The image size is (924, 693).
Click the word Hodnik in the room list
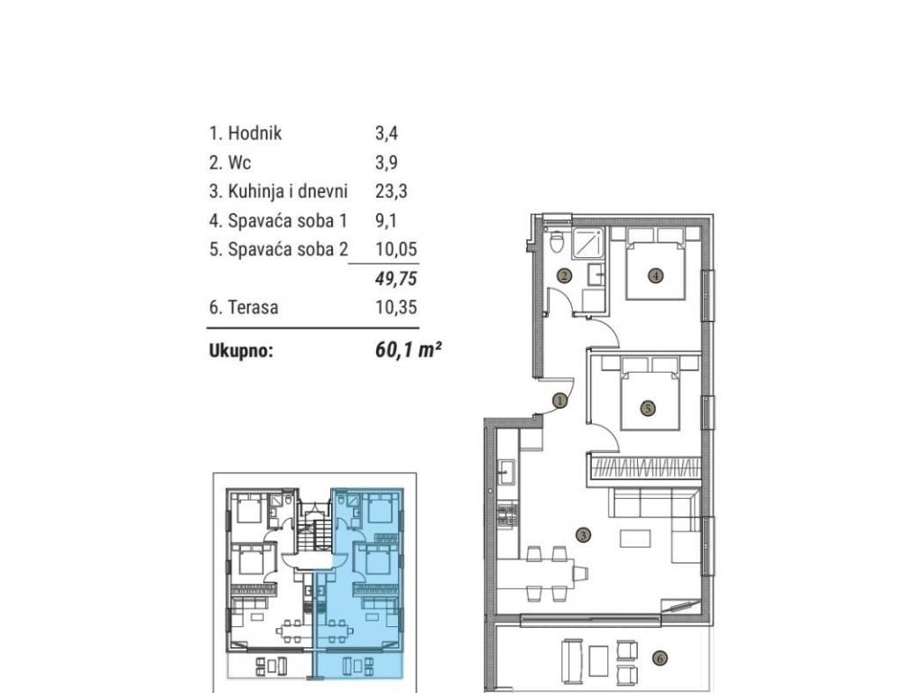tap(254, 134)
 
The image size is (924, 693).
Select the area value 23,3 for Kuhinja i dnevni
tap(392, 191)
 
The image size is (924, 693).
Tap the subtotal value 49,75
tap(396, 278)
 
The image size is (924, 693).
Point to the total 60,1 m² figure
tap(409, 350)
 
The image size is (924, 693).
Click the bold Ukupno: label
tap(241, 351)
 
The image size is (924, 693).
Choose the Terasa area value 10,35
tap(396, 307)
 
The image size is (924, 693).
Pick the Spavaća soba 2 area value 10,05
tap(396, 249)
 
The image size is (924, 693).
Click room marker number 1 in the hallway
tap(560, 401)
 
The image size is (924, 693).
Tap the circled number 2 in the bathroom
tap(565, 275)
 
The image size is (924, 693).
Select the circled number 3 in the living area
tap(583, 535)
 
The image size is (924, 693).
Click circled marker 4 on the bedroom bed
tap(655, 274)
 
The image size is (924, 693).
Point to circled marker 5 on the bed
tap(648, 407)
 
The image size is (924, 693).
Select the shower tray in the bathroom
tap(587, 244)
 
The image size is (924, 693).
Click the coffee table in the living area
tap(634, 539)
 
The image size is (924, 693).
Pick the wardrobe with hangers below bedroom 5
tap(643, 469)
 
